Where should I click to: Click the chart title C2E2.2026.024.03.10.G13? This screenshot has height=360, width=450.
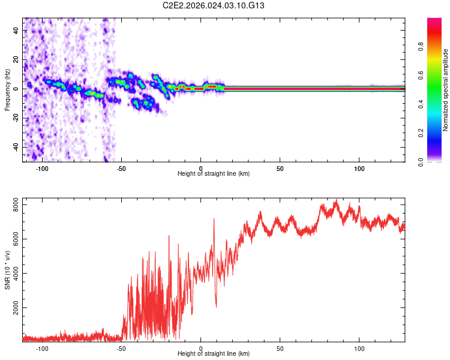(x=214, y=5)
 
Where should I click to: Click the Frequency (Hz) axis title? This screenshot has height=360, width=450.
(x=7, y=90)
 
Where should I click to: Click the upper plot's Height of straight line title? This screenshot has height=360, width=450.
(x=214, y=173)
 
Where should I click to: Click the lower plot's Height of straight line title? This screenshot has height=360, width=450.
(x=214, y=354)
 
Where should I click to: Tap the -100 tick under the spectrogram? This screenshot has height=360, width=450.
(x=42, y=168)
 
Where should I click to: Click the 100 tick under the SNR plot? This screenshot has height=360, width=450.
(x=359, y=348)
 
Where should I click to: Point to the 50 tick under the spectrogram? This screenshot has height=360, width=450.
(x=280, y=168)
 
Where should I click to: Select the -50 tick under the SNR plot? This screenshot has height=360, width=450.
(x=122, y=348)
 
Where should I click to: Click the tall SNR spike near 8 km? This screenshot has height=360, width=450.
(x=214, y=219)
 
